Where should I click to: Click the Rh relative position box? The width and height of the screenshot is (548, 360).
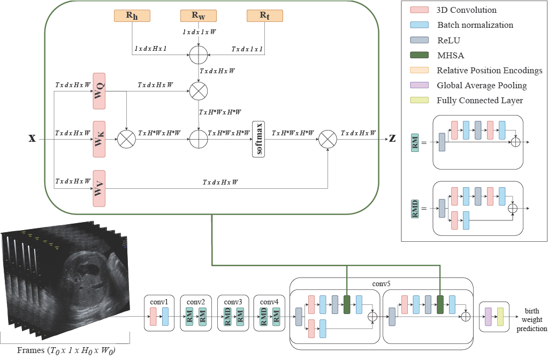tap(132, 16)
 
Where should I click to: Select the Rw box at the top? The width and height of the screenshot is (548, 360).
tap(199, 16)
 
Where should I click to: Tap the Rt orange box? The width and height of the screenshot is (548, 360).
tap(264, 16)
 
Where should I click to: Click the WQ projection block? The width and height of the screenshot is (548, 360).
tap(99, 91)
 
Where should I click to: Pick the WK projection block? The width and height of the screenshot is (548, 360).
tap(99, 139)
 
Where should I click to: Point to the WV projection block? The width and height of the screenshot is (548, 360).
tap(99, 188)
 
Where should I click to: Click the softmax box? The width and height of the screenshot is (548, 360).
tap(258, 139)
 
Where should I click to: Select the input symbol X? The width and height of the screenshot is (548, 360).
tap(32, 139)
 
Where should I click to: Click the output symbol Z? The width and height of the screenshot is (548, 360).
tap(392, 139)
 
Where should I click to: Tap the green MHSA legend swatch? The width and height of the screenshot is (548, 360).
tap(420, 55)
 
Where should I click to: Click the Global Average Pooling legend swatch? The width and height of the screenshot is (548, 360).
tap(420, 85)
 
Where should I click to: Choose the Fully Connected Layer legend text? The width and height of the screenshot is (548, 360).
tap(480, 101)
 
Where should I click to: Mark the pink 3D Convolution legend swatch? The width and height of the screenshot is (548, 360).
tap(420, 10)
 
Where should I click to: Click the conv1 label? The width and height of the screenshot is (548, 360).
tap(159, 302)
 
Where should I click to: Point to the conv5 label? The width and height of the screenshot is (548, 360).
tap(381, 284)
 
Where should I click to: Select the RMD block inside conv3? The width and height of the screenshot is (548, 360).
tap(227, 317)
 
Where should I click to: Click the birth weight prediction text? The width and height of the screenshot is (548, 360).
tap(531, 319)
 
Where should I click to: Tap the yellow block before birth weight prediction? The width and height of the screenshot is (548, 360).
tap(500, 317)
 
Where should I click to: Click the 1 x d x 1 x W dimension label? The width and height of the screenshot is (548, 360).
tap(199, 32)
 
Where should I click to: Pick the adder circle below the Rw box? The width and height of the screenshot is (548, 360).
tap(199, 55)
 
